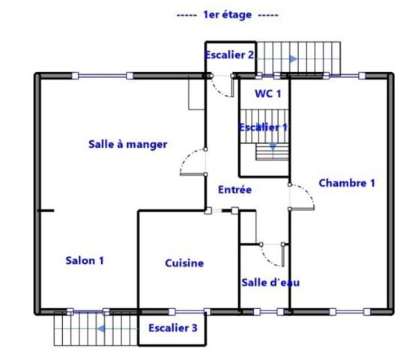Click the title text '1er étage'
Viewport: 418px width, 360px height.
pos(227,15)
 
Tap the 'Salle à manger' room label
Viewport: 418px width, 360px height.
pos(127,144)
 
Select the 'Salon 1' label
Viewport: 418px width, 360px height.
pos(85,260)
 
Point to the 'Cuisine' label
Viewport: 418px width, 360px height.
pos(184,263)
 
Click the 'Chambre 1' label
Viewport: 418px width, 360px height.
pos(346,182)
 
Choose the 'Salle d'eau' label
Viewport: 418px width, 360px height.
pos(270,282)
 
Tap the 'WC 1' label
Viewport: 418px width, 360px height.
pos(268,94)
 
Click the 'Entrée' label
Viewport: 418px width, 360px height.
pos(234,190)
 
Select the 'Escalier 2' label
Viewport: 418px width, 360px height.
pos(230,55)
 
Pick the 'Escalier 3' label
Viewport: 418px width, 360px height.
pos(173,328)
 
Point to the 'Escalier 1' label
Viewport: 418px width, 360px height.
pos(264,127)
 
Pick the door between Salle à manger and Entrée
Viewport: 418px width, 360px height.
pos(193,163)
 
